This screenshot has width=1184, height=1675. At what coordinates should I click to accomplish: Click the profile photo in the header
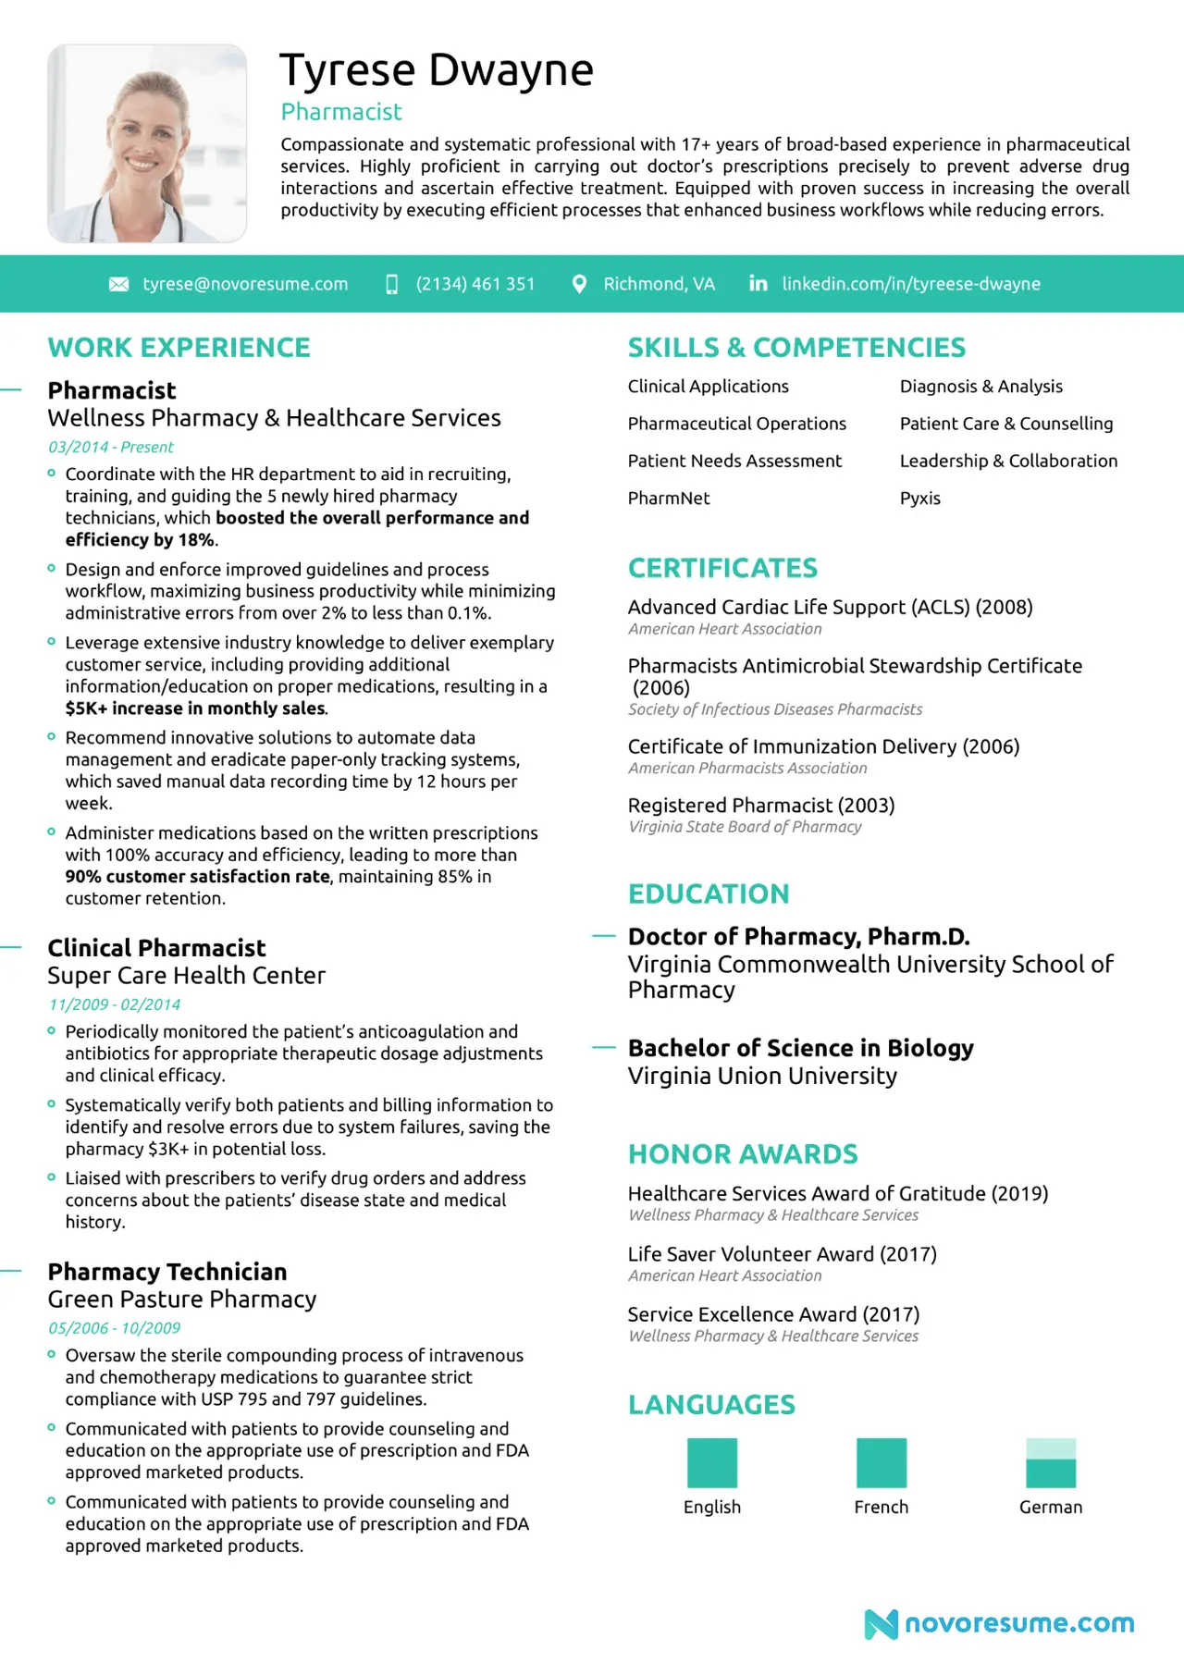point(147,143)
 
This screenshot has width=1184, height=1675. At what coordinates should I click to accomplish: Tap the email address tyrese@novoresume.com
point(245,284)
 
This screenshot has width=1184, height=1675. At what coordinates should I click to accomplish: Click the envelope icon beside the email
point(119,284)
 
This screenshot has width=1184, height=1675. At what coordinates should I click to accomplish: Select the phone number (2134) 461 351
point(475,284)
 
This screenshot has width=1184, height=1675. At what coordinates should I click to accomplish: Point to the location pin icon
point(579,284)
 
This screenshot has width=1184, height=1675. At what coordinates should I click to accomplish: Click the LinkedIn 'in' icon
point(758,283)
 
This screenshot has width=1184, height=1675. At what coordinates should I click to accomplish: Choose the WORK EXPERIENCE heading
point(179,348)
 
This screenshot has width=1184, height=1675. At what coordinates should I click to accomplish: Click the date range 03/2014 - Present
point(111,448)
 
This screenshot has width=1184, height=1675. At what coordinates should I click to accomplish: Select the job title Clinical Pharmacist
point(156,948)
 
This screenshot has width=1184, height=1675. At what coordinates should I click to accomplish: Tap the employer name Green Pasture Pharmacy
point(182,1299)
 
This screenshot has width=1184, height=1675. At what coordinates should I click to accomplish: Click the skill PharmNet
point(669,499)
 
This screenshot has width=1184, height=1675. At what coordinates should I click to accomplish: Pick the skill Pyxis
point(920,499)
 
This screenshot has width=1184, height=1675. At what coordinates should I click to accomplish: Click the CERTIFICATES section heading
point(722,568)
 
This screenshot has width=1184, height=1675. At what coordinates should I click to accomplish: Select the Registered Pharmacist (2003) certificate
point(761,806)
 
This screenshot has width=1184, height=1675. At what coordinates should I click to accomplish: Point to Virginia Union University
point(762,1077)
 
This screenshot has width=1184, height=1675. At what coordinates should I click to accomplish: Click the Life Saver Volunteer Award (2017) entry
point(782,1254)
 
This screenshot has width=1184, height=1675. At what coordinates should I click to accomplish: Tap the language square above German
point(1051,1462)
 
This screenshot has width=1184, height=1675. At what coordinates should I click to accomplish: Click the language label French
point(882,1508)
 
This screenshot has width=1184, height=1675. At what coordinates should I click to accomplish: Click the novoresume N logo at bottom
point(881,1624)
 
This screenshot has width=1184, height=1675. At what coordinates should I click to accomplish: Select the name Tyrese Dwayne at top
point(437,70)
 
